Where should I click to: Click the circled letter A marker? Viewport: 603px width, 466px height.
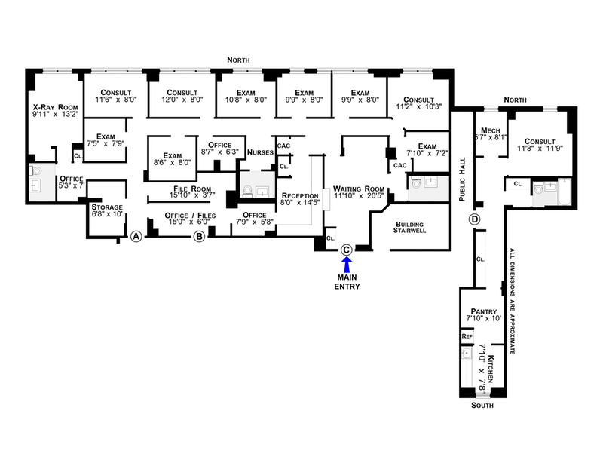[x=136, y=237]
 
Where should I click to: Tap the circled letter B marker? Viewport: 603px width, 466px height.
[x=199, y=237]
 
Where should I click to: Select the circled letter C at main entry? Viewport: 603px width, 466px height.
[x=347, y=249]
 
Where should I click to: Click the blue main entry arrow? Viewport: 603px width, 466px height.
[x=347, y=264]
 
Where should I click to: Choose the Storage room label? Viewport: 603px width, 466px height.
[x=106, y=207]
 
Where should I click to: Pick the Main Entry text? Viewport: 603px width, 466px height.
[x=347, y=282]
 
